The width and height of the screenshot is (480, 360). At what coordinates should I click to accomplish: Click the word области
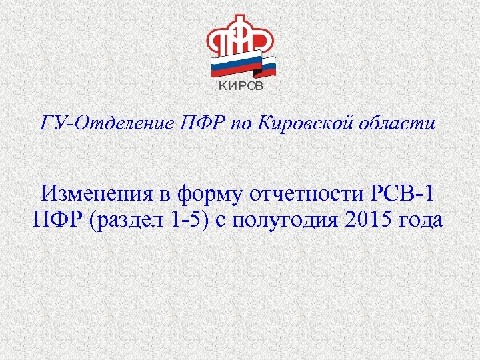(405, 124)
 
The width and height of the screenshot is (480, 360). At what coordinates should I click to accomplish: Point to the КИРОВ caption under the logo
(241, 86)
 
